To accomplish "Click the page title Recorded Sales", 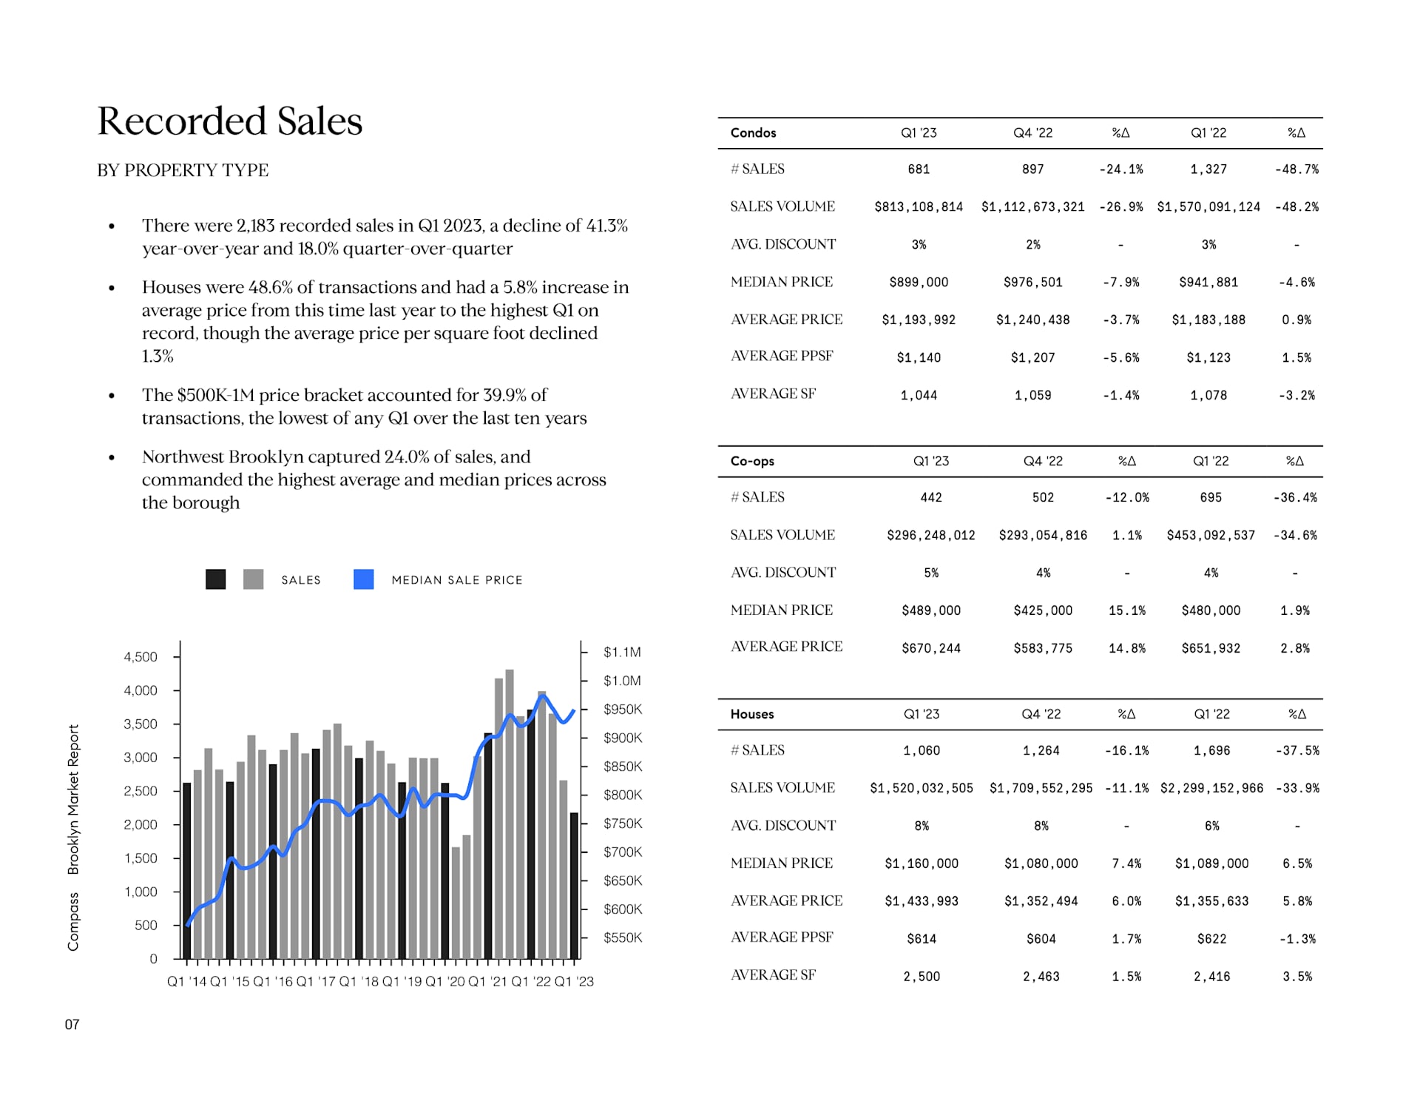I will pos(230,121).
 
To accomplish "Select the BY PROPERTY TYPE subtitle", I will pos(183,170).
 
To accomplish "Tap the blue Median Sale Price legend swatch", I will pos(363,579).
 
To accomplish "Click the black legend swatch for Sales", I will pos(215,579).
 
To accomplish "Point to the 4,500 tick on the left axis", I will pos(141,657).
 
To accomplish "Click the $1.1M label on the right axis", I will pos(622,652).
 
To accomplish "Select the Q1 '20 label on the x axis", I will pos(445,981).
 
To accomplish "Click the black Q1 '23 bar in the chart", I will pos(574,886).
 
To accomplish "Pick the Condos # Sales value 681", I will pos(919,169).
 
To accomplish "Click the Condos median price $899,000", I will pos(919,283).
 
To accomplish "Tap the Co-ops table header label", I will pos(752,461).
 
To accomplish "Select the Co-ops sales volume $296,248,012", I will pos(930,536).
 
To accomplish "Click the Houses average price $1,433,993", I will pos(921,901).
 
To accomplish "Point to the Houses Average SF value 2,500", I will pos(921,977).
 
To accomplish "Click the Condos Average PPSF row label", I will pos(782,356).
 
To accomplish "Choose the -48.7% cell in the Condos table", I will pos(1296,169).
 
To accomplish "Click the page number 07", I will pos(72,1025).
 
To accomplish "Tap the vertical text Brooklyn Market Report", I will pos(73,799).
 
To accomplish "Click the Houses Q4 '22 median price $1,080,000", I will pos(1041,863).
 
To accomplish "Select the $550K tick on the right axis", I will pos(623,937).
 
